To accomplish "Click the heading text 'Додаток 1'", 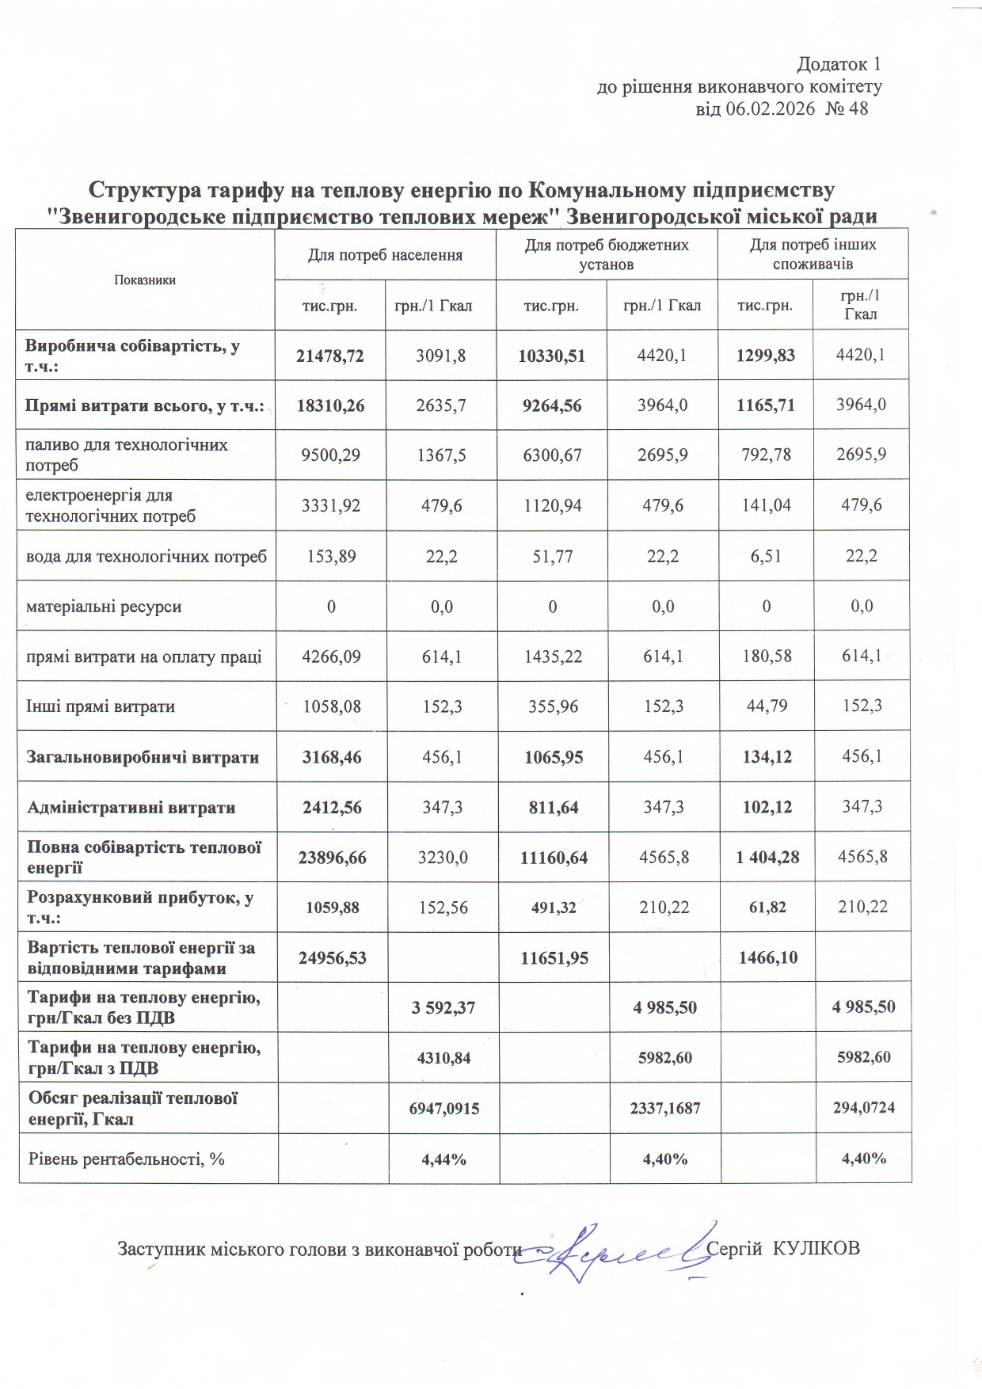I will (838, 64).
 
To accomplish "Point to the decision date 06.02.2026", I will (770, 108).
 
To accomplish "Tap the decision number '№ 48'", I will (847, 108).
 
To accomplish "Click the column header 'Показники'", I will (145, 280).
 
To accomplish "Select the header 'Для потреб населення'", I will (385, 254).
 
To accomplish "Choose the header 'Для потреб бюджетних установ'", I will (607, 254).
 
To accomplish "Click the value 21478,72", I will (330, 356).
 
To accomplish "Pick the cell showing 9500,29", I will (330, 455).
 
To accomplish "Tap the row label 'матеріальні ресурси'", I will (104, 607).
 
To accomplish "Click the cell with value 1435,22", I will (553, 656).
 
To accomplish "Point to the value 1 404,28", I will (767, 856).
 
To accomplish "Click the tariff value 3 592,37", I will (443, 1007).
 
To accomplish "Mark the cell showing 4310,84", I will (443, 1057).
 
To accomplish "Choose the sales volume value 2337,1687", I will (664, 1108).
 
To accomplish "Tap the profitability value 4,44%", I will (443, 1159).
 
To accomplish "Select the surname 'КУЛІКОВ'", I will (816, 1249).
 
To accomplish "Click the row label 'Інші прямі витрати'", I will (101, 706).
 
